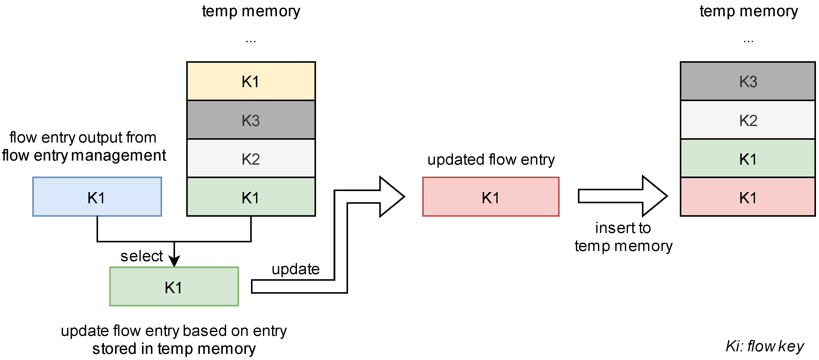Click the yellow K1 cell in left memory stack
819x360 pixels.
[x=251, y=81]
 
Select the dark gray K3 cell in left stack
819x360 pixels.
[x=251, y=120]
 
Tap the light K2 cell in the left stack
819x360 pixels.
[x=251, y=158]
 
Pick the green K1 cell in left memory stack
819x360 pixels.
[x=251, y=197]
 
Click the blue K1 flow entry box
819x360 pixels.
[x=97, y=197]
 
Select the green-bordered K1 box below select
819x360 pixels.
[x=174, y=287]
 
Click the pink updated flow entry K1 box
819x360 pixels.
[x=491, y=197]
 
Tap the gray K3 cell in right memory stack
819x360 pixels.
[x=748, y=81]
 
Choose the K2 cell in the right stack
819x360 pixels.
[x=748, y=120]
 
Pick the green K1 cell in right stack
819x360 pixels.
[x=748, y=158]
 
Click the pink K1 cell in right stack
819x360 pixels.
[x=748, y=197]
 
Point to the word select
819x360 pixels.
[x=141, y=256]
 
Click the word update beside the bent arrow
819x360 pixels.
[x=295, y=269]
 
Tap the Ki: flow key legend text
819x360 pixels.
[x=764, y=346]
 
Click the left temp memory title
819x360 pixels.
[x=251, y=11]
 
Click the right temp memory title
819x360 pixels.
[x=748, y=11]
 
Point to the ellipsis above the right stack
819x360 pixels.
[x=748, y=41]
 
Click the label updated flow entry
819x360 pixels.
[x=491, y=159]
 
